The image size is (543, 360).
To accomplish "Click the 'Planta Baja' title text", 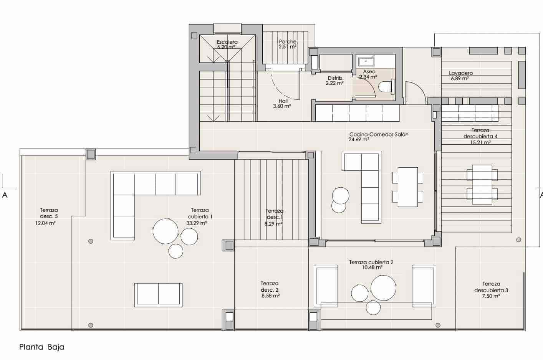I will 42,347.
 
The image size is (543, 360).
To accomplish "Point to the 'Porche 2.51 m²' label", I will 288,44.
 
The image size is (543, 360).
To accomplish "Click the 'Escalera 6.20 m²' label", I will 227,45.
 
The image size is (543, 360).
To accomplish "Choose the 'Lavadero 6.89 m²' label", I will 461,76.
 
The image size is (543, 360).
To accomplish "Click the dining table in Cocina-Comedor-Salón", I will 408,187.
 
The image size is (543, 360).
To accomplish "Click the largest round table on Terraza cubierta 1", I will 166,231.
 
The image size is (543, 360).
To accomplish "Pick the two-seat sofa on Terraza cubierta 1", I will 158,295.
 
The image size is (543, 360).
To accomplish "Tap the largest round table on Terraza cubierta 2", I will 383,287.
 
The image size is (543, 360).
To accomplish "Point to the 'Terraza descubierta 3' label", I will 491,287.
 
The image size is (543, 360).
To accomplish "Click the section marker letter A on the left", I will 5,195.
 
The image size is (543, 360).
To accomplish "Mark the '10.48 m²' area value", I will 371,268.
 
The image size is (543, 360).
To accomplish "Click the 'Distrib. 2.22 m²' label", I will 334,80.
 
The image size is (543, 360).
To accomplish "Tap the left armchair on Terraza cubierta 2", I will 326,286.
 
